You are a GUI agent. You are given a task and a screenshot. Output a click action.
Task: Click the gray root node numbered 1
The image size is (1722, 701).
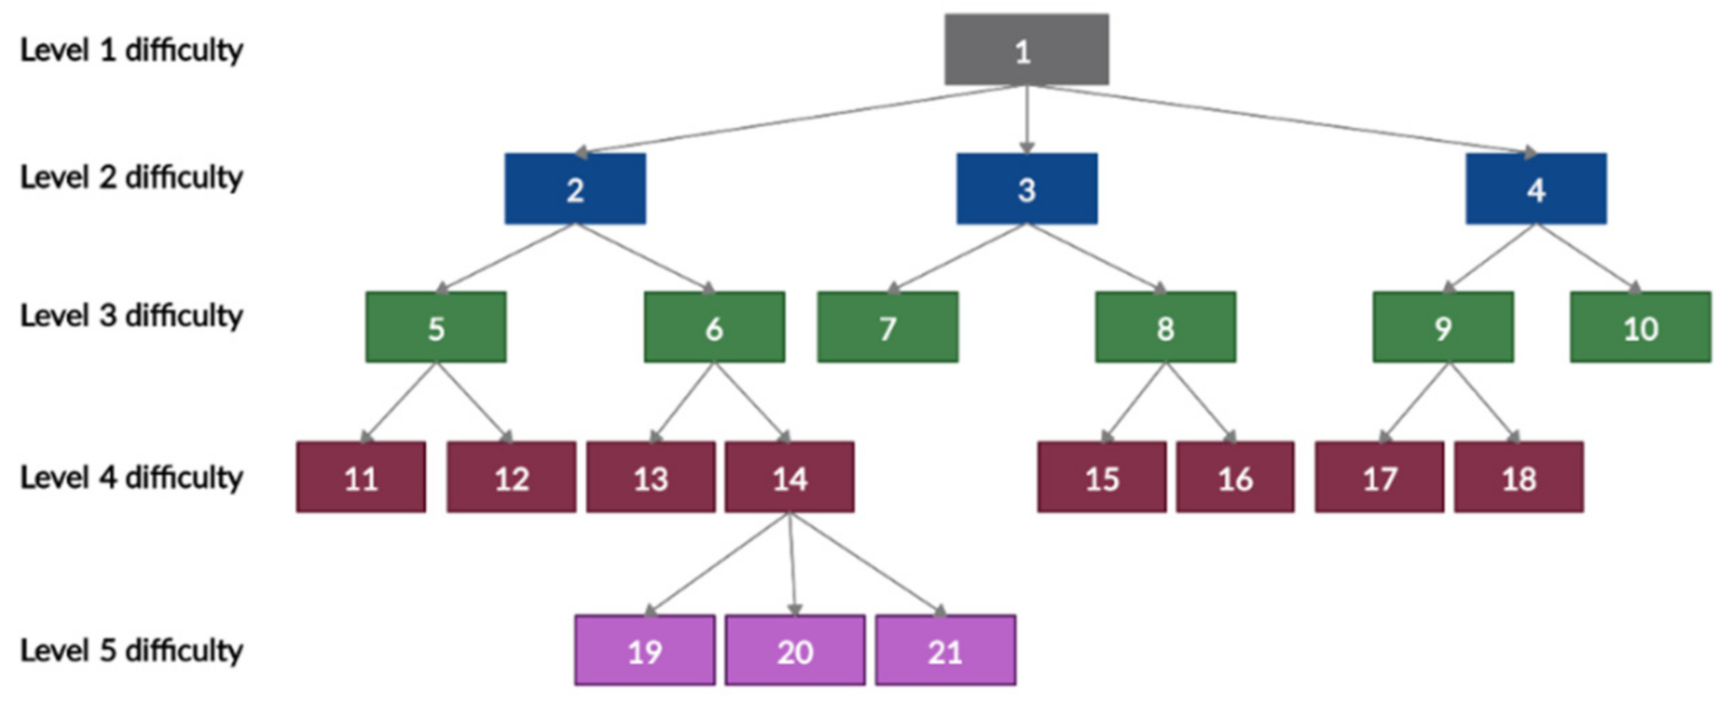(1026, 50)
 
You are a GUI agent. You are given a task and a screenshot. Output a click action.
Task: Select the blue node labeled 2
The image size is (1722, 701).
(575, 189)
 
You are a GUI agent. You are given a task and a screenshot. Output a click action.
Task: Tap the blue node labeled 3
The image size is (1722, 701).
(1026, 189)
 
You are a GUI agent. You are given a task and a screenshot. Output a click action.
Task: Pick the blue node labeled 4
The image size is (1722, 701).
(1535, 189)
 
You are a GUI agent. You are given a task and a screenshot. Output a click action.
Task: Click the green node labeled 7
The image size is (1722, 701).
(887, 327)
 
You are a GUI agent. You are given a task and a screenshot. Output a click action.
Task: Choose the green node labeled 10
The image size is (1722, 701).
(1640, 327)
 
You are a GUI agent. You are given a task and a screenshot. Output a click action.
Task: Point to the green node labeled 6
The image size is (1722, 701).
(713, 327)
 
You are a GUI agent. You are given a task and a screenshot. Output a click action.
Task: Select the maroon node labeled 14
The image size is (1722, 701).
(789, 478)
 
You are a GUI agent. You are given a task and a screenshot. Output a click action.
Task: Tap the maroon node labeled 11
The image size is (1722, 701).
(361, 478)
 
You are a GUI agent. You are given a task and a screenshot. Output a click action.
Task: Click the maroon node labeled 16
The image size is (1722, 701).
(1235, 478)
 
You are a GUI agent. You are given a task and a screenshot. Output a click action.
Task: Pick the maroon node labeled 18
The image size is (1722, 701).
(1519, 478)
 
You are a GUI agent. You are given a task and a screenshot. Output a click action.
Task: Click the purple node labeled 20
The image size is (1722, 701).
(795, 651)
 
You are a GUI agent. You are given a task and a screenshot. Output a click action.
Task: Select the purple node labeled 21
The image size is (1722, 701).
(945, 651)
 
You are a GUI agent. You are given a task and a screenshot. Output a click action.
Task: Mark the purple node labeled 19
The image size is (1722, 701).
(645, 651)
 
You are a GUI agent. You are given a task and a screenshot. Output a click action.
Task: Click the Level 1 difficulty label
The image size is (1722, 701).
(131, 50)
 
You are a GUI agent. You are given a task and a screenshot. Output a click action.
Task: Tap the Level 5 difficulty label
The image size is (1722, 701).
(131, 651)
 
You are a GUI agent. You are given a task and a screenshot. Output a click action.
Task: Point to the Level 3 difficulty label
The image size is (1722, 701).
(131, 315)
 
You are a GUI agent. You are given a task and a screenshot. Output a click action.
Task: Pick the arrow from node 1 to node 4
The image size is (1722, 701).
(1285, 118)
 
